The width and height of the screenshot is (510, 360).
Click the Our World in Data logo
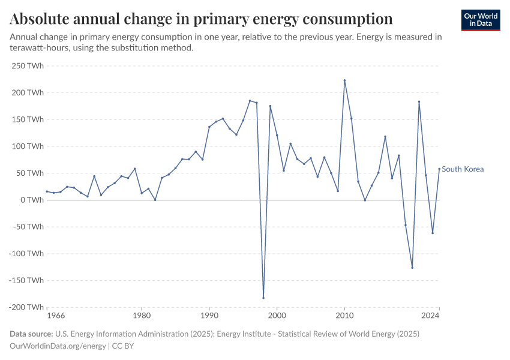click(x=481, y=20)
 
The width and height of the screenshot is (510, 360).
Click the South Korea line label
click(x=463, y=169)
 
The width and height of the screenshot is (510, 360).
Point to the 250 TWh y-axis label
click(x=27, y=65)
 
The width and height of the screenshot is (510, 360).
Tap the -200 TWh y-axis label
click(x=26, y=307)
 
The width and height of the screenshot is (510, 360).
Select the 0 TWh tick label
click(x=31, y=200)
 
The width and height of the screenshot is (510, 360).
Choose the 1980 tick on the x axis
click(x=142, y=314)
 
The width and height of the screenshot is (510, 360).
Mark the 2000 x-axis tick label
click(x=277, y=314)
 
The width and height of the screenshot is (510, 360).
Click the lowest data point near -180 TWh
click(x=263, y=298)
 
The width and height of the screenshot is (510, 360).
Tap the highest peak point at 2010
click(x=344, y=80)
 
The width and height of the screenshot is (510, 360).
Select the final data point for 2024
click(x=439, y=169)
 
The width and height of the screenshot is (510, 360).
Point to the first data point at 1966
click(x=47, y=191)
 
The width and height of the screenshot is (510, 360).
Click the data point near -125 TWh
click(x=412, y=268)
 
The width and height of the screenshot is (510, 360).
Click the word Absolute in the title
click(x=41, y=19)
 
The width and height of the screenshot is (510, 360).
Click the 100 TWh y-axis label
click(x=27, y=146)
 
